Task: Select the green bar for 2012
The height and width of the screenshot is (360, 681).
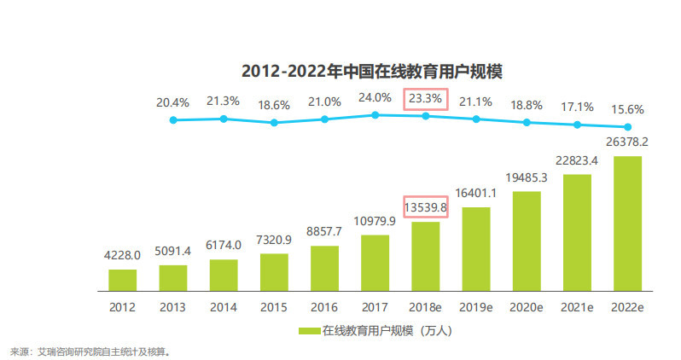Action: pos(122,281)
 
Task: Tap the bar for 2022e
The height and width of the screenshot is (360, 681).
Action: pos(627,224)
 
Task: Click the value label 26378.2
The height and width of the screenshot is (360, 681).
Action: pos(627,142)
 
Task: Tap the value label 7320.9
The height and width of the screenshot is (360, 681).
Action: pos(273,241)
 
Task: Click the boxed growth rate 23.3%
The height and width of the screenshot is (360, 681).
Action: pos(425,99)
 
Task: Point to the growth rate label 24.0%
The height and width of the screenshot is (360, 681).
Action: pos(375,97)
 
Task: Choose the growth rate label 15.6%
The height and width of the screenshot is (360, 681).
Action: pos(627,109)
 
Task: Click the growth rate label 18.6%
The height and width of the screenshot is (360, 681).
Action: pos(273,105)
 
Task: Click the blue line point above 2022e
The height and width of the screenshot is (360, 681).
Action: pos(627,127)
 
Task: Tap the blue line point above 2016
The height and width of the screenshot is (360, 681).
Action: pos(324,119)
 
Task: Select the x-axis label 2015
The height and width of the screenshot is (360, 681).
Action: pos(273,305)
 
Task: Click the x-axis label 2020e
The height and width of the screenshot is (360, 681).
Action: pos(527,305)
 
